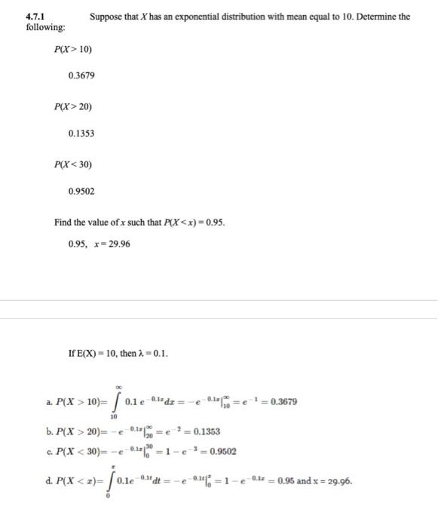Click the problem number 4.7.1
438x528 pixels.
34,16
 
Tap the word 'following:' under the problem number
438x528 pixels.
44,27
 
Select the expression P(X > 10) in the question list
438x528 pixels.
73,50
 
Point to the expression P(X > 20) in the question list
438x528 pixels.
73,106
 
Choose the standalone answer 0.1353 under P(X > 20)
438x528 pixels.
81,133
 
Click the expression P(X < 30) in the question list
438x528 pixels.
73,164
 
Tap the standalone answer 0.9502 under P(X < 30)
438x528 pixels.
81,192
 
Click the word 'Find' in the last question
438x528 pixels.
63,223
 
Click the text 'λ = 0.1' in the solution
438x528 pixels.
152,353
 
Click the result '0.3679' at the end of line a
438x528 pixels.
281,401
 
